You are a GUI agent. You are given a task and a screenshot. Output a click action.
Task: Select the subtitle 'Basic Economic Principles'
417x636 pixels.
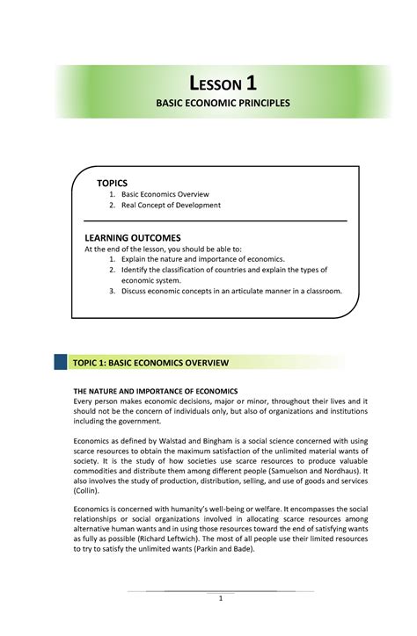(223, 104)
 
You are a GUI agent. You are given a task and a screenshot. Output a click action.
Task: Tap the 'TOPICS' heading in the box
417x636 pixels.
(112, 180)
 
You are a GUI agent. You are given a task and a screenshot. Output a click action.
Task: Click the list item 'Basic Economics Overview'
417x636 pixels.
(165, 193)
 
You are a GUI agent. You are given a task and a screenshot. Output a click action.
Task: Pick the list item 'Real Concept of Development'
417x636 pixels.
(171, 205)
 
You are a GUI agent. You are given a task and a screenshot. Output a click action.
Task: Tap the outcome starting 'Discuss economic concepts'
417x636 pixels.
(230, 291)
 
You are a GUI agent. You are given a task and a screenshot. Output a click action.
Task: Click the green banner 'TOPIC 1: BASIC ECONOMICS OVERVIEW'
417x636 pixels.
(163, 362)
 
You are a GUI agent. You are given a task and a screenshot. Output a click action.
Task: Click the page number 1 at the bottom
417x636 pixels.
(223, 599)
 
